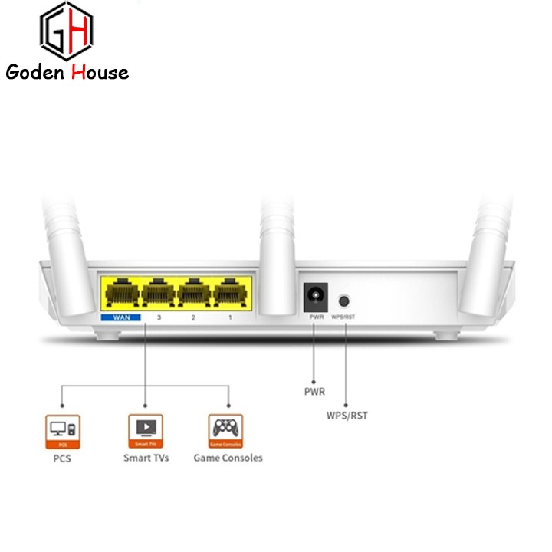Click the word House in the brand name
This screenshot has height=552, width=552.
tap(98, 73)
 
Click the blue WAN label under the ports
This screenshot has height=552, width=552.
tap(120, 317)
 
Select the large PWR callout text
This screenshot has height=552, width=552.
tap(314, 392)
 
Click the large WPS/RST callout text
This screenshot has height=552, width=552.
tap(347, 416)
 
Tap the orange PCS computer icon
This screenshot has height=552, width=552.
tap(62, 431)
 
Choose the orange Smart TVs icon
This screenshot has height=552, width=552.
tap(145, 431)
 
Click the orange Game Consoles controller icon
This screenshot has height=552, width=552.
tap(227, 431)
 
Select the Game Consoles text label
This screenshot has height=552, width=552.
tap(228, 458)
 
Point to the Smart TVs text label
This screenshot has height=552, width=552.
tap(146, 458)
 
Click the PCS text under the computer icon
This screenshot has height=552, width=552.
tap(62, 458)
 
